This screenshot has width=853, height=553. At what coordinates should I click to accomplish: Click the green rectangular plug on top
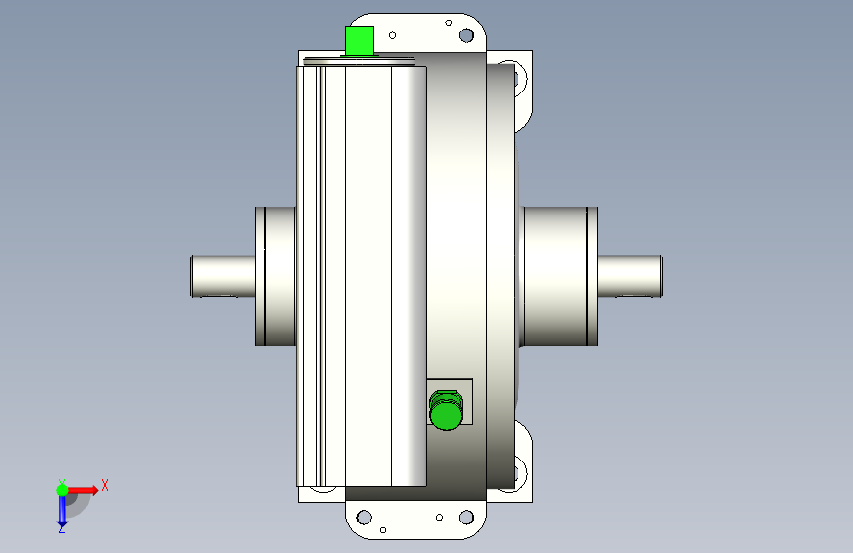[359, 40]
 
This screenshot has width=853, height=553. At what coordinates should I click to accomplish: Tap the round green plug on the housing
[446, 410]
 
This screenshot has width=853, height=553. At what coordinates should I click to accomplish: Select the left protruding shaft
[223, 276]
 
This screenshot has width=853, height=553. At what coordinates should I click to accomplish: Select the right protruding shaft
[630, 276]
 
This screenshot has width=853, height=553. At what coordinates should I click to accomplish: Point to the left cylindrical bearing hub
[275, 276]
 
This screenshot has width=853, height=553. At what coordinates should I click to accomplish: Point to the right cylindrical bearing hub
[560, 276]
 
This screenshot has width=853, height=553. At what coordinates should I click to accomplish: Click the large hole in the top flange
[466, 35]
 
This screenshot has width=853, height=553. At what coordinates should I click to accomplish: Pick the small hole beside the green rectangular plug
[393, 36]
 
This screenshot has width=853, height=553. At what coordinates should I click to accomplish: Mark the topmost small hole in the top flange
[449, 23]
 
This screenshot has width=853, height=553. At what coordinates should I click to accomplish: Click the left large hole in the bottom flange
[364, 517]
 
